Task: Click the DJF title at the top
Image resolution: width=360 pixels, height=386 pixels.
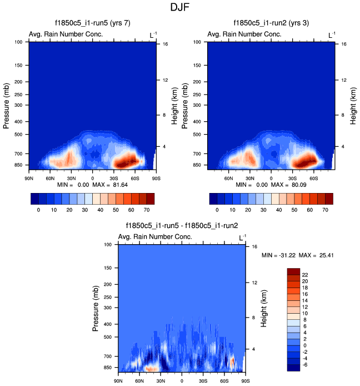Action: (180, 8)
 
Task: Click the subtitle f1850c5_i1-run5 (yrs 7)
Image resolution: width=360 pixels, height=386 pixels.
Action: (92, 23)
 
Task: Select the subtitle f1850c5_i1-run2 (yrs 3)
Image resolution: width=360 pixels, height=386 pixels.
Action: (271, 23)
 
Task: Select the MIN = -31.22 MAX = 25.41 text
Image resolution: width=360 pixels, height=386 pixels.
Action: (297, 255)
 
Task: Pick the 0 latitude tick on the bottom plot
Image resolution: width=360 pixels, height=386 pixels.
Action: (182, 381)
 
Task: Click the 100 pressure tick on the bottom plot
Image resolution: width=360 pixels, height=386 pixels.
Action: (108, 245)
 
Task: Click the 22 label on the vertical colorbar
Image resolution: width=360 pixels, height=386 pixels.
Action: (305, 275)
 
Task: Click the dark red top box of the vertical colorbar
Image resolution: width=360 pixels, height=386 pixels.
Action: (293, 271)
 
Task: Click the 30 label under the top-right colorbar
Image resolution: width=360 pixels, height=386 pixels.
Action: (262, 211)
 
